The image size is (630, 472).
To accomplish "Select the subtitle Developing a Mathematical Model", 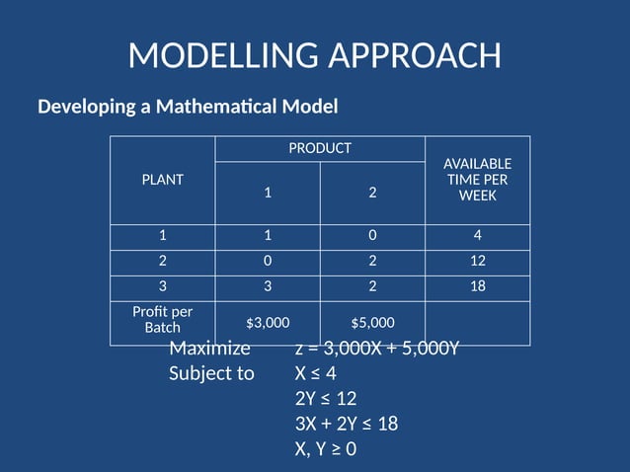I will [x=188, y=106].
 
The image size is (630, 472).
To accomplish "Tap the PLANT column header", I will [x=163, y=180].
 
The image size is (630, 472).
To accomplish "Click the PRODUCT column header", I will [x=320, y=148].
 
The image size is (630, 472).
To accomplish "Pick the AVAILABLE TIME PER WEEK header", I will [x=477, y=180].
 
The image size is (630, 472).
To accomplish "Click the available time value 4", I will [x=477, y=237].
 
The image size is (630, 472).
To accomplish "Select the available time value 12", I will [x=477, y=262].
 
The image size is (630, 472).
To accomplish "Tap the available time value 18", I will [x=477, y=287].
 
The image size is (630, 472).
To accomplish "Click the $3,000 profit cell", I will [x=268, y=322].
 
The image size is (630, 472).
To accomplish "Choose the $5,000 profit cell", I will [x=372, y=322].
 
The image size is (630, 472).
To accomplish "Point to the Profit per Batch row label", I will [x=163, y=318].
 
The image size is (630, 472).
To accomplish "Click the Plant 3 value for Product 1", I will [x=268, y=287].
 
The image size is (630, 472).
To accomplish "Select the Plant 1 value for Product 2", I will [x=372, y=237].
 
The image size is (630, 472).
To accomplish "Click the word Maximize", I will [x=209, y=350].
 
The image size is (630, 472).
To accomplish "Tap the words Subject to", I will [x=211, y=374].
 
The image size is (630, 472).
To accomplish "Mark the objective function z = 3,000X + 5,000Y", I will [x=377, y=350].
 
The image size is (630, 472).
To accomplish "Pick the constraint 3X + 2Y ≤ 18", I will [x=346, y=425].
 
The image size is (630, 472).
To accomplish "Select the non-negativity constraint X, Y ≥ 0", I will [x=325, y=449].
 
